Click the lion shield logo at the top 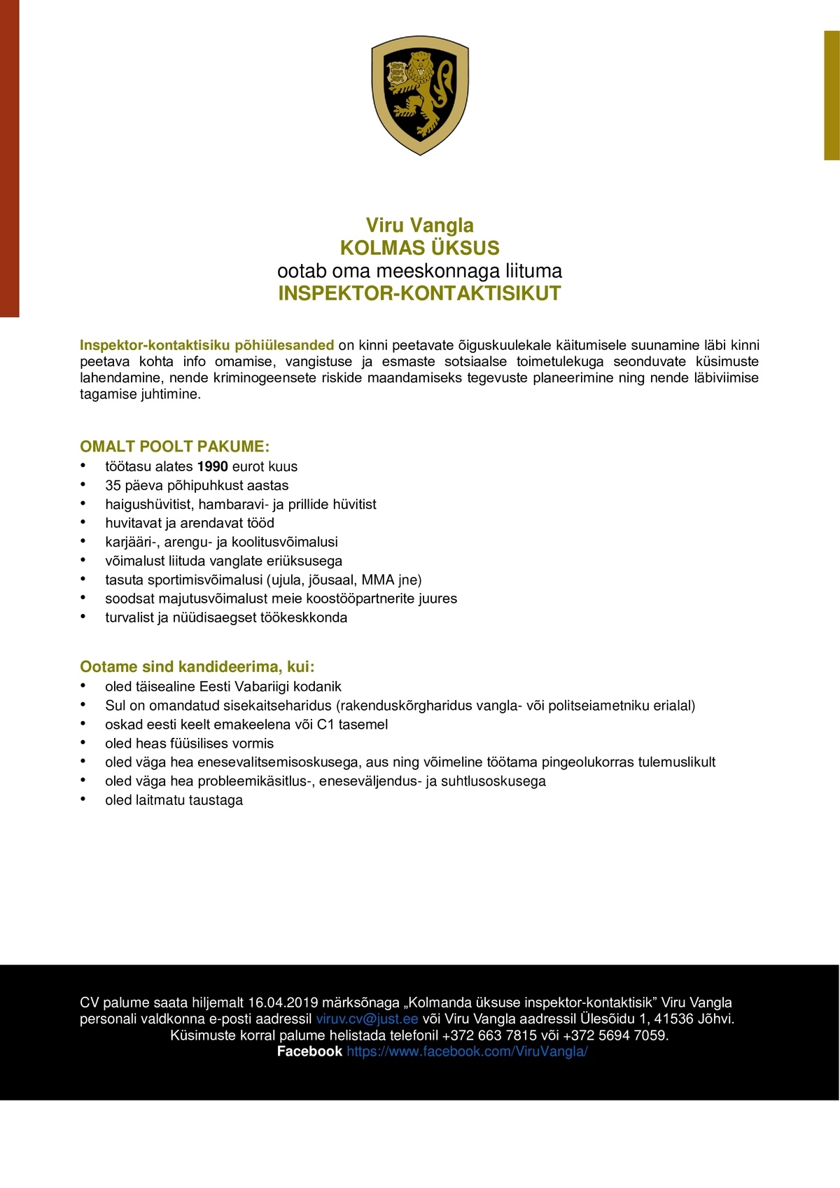tap(420, 95)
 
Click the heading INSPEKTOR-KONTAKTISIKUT tap(419, 293)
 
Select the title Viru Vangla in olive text tap(419, 225)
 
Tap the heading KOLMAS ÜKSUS tap(419, 248)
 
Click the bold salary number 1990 tap(213, 467)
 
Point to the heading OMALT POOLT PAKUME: tap(174, 447)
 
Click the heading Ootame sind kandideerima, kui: tap(197, 666)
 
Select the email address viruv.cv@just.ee tap(367, 1019)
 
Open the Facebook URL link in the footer tap(467, 1051)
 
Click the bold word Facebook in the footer tap(309, 1051)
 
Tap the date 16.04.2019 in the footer tap(283, 1002)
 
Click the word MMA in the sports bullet tap(378, 580)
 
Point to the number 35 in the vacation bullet tap(113, 486)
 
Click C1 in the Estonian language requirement tap(325, 725)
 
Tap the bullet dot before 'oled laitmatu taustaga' tap(83, 799)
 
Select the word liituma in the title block tap(533, 271)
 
